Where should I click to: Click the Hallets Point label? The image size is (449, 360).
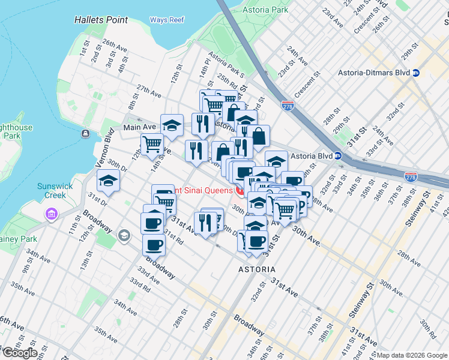[101, 20]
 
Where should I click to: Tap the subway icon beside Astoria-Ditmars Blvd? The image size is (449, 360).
[416, 73]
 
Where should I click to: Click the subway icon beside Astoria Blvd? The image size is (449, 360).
[338, 155]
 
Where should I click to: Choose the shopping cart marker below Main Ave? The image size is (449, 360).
[152, 144]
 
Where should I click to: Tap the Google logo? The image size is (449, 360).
[19, 353]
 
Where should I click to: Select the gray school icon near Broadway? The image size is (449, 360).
[124, 235]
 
